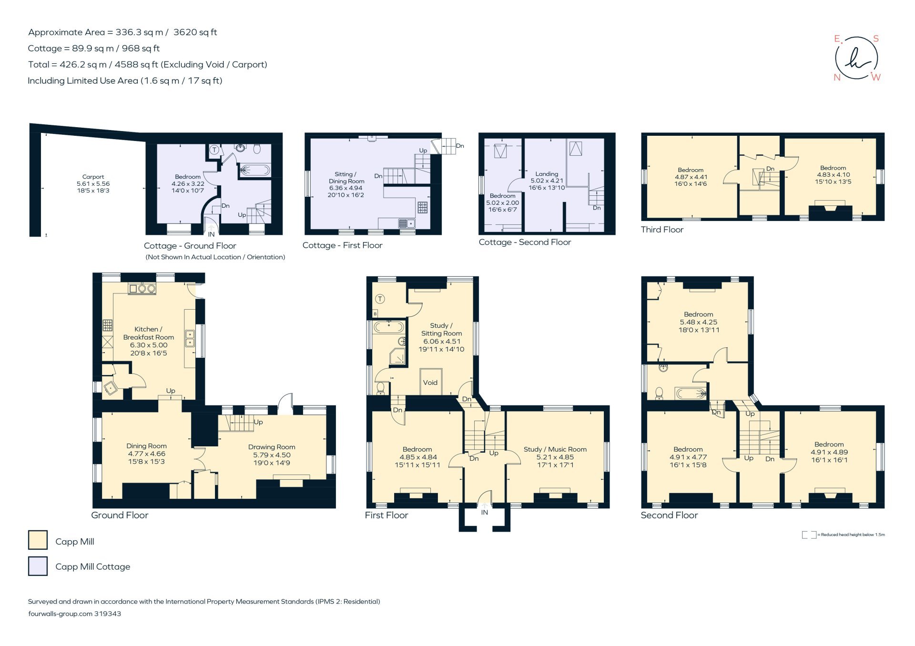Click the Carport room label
[x=93, y=177]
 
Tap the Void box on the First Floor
[x=430, y=382]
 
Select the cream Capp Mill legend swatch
[x=38, y=540]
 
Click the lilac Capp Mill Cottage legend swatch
[x=38, y=566]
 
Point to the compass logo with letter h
[x=857, y=58]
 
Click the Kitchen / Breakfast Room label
[x=148, y=333]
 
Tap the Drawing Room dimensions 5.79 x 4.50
[x=272, y=455]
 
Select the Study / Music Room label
[x=555, y=449]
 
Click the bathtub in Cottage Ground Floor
[x=254, y=169]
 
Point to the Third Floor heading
[x=662, y=230]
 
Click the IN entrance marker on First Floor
[x=484, y=513]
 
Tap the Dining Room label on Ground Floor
[x=146, y=446]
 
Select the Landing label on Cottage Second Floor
[x=546, y=174]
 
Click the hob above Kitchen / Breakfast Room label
[x=142, y=288]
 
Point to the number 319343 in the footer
[x=108, y=614]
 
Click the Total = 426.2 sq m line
[x=147, y=64]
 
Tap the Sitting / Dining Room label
[x=346, y=178]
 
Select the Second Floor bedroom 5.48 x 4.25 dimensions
[x=698, y=322]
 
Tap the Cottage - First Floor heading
[x=342, y=245]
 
